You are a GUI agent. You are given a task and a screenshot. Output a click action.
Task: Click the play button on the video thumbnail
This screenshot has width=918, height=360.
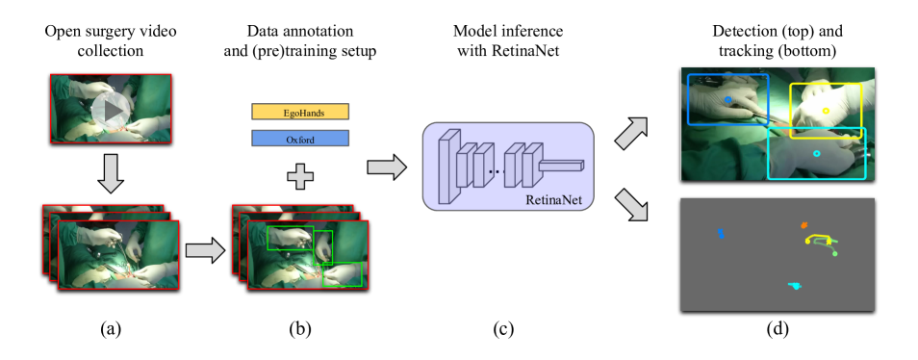[113, 110]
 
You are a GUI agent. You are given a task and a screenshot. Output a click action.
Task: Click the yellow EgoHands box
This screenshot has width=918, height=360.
[300, 112]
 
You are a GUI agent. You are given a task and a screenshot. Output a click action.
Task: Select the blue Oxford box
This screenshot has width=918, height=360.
[300, 139]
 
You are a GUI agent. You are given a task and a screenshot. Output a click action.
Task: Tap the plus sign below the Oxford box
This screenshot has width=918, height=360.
[300, 176]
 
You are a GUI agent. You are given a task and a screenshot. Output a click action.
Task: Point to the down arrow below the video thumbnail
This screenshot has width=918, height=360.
[112, 173]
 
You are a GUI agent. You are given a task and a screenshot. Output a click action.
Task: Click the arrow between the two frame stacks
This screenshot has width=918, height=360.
[204, 250]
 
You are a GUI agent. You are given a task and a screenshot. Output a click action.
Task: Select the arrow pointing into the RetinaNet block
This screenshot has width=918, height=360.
[386, 167]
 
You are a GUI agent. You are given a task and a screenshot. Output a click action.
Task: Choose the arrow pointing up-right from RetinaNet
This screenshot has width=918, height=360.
[630, 133]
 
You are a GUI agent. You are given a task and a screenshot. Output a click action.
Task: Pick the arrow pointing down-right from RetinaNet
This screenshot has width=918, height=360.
[630, 204]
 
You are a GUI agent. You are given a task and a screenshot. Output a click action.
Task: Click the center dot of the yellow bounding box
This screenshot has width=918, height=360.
[826, 111]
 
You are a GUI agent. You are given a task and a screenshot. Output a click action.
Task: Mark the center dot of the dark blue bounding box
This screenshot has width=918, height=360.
[728, 99]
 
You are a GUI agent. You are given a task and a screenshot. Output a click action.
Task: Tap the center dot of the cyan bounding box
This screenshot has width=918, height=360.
[817, 154]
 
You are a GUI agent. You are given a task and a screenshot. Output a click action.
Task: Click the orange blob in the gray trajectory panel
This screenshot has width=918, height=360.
[804, 226]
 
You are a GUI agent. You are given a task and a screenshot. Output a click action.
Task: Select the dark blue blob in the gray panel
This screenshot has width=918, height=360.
[721, 234]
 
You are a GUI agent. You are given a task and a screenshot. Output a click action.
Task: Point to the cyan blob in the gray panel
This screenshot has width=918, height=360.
[796, 285]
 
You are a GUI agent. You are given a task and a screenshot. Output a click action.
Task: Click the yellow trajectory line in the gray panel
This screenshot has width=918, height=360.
[819, 237]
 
